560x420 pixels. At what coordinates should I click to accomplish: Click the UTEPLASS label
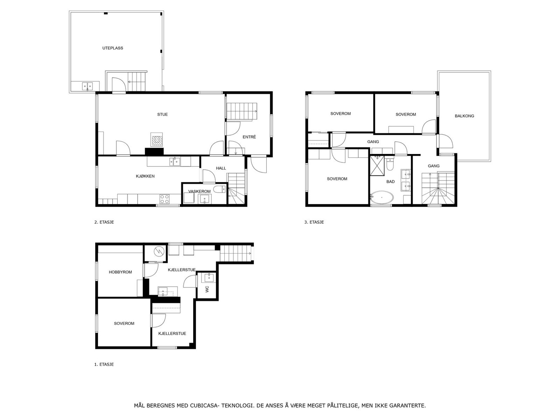point(113,48)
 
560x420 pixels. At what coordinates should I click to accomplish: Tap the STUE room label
point(162,114)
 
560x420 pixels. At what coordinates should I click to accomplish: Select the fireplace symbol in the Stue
point(157,140)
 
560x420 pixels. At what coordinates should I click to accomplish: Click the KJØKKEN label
point(145,176)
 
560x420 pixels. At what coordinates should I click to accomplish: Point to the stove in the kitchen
point(164,199)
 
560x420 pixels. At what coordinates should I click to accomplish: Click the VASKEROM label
point(199,191)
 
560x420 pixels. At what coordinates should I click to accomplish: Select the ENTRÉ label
point(249,137)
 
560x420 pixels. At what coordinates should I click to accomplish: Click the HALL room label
point(221,168)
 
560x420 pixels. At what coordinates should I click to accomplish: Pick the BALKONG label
point(464,116)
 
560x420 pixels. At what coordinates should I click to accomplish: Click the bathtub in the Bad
point(382,197)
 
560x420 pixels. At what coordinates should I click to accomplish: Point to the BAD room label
point(391,182)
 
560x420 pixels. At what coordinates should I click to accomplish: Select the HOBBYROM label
point(120,272)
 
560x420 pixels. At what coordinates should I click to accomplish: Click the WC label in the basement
point(207,289)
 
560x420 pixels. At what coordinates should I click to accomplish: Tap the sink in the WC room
point(209,277)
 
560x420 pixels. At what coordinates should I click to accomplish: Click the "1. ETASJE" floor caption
point(104,364)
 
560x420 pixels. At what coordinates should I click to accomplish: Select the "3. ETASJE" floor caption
point(314,222)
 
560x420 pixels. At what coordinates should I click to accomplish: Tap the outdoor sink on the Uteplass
point(87,86)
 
